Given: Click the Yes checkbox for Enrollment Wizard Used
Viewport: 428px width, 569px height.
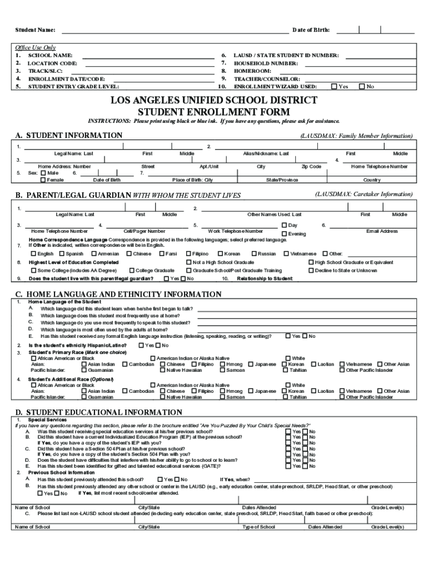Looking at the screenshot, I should click(x=334, y=87).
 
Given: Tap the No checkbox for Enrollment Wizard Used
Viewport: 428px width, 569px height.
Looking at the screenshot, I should click(x=362, y=87).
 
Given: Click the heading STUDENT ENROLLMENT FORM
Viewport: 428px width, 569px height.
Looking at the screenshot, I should click(x=214, y=111).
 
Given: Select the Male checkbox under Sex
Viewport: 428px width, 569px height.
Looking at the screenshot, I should click(x=43, y=173).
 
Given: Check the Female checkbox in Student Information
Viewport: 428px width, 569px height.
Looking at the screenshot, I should click(x=43, y=180).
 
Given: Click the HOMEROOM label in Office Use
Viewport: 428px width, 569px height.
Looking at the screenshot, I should click(x=252, y=71).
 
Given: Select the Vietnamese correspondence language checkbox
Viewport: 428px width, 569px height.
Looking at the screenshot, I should click(x=285, y=253).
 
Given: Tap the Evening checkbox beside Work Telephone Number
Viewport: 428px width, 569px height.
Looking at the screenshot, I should click(x=284, y=234).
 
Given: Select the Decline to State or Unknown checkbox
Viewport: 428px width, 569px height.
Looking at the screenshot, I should click(x=311, y=271).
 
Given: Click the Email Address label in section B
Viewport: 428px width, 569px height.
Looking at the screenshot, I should click(x=382, y=231).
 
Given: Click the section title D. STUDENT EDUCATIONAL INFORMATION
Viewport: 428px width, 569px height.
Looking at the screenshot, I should click(x=98, y=412).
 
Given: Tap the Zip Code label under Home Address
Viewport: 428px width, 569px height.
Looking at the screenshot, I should click(x=311, y=166).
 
